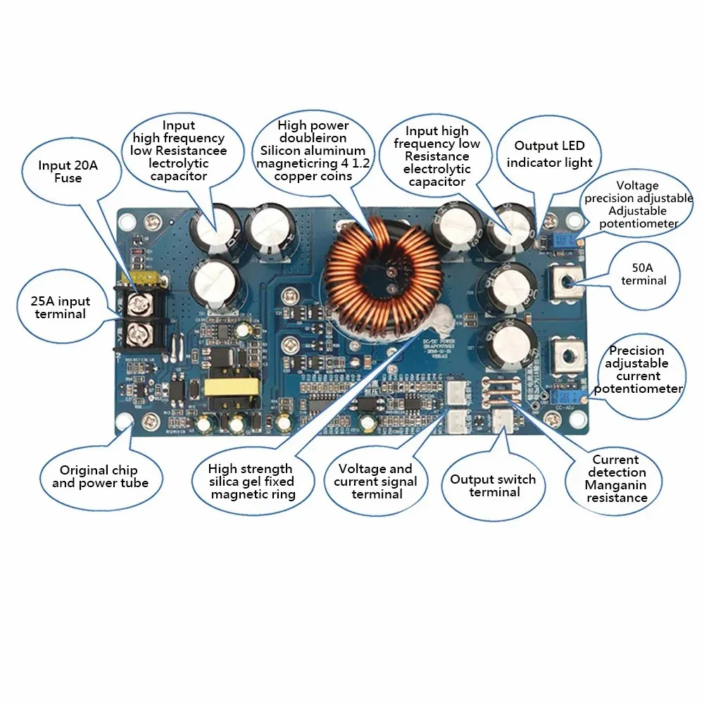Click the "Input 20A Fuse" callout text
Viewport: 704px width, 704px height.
[68, 172]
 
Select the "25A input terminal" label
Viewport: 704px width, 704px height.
[61, 308]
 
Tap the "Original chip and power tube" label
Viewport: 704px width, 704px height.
[100, 477]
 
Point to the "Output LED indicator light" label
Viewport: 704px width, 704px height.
[549, 154]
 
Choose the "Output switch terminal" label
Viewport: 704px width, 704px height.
[493, 486]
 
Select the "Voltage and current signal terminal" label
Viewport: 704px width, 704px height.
[375, 481]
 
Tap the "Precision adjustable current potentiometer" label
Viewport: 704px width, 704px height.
[643, 370]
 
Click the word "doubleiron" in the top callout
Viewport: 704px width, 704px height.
[313, 138]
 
